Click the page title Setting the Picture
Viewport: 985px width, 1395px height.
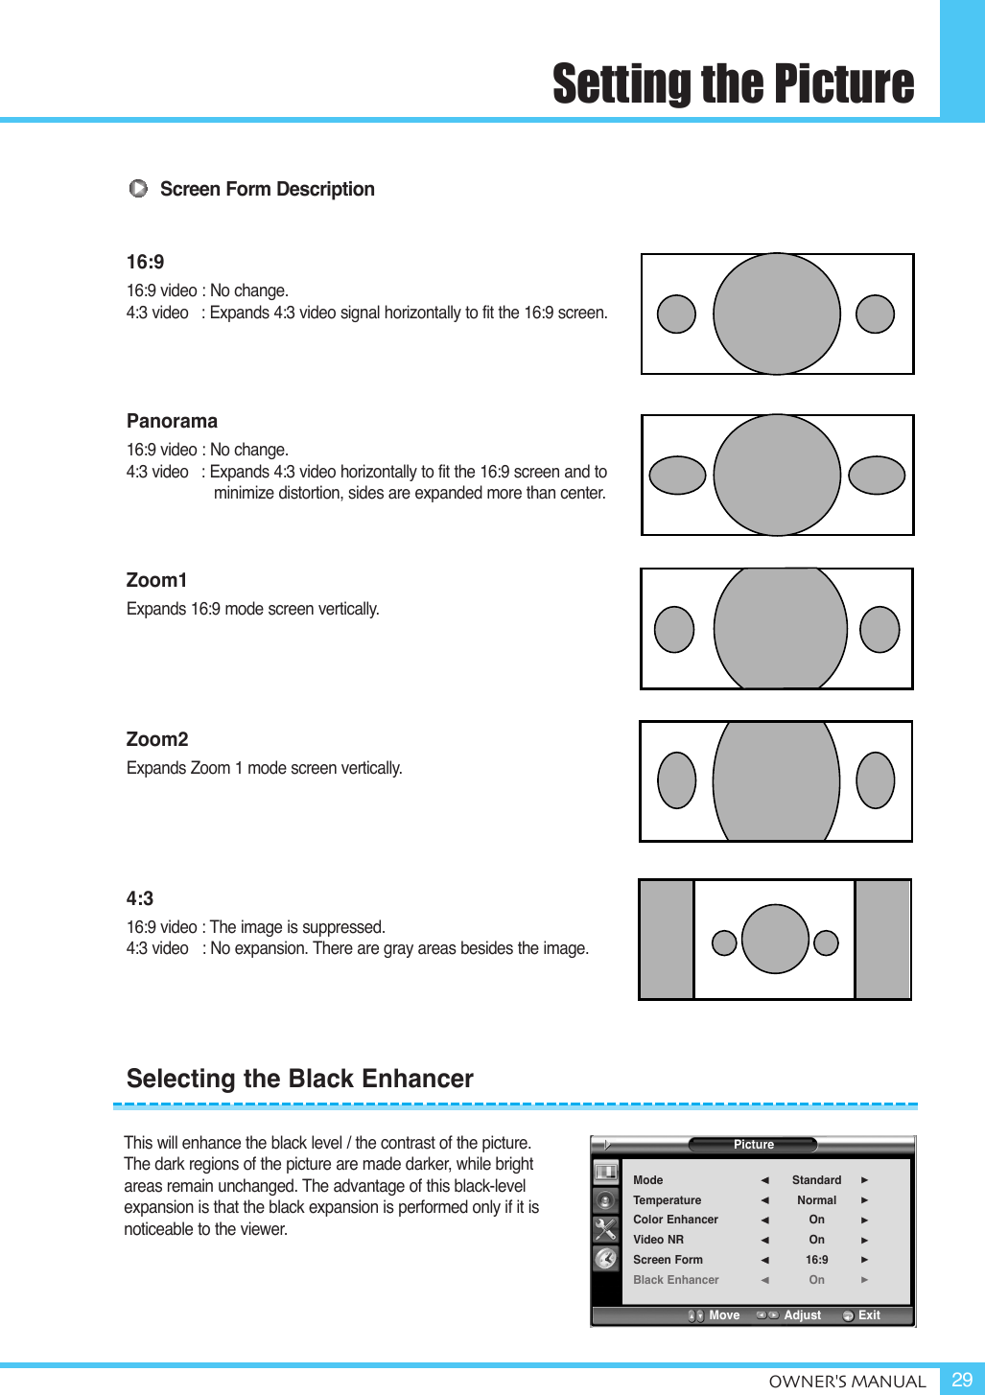point(733,84)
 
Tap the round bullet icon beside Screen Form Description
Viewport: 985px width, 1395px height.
point(138,189)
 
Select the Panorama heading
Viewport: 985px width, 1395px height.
point(172,421)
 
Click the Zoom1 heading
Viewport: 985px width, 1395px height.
point(156,580)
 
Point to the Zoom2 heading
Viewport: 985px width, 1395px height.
point(157,739)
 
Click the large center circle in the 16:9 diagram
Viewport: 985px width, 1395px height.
point(777,314)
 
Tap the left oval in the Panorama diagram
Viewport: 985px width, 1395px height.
point(677,475)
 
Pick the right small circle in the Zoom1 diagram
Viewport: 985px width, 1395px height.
point(879,629)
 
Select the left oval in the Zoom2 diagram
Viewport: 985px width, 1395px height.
point(676,779)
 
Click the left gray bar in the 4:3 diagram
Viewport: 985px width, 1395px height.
point(667,940)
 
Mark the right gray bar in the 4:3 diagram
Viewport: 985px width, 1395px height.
point(882,940)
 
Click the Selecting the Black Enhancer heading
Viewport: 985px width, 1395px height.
point(300,1079)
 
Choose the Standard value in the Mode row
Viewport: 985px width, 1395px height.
point(816,1180)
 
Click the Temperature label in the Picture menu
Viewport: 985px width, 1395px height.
point(667,1200)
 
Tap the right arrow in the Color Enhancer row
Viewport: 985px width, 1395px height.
point(864,1221)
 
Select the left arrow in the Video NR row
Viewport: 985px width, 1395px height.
point(764,1241)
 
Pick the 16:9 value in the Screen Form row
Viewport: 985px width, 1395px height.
point(816,1260)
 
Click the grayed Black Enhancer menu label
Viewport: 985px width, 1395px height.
point(675,1280)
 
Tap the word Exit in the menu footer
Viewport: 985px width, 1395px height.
point(869,1315)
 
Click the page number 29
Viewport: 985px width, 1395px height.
point(962,1380)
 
